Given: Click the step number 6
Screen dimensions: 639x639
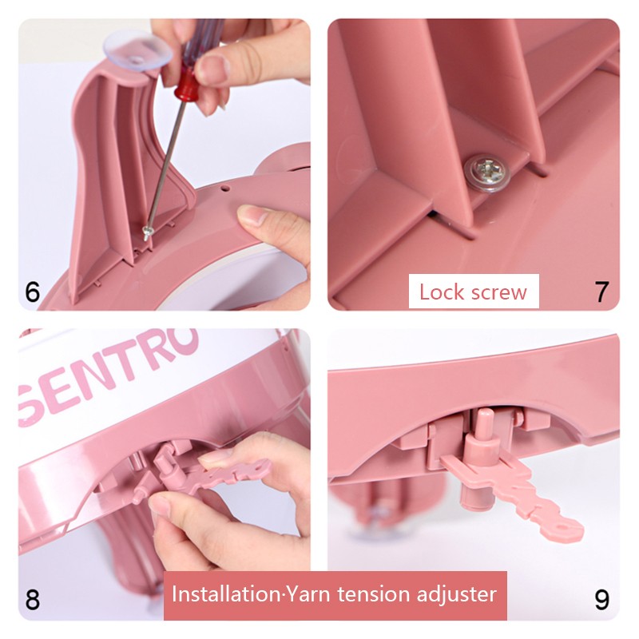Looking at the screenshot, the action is pos(33,292).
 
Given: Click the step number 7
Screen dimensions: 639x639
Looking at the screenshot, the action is pos(601,292).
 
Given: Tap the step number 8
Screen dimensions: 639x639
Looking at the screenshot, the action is pos(33,599).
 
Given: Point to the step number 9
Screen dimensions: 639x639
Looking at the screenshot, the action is pos(602,599).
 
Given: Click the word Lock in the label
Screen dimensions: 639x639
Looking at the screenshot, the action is pos(442,292).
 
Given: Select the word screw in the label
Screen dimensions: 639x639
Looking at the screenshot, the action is pos(498,293).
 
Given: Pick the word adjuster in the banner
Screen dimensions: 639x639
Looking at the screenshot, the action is pos(456,594).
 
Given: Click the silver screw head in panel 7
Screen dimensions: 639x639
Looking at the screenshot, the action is pos(487,172).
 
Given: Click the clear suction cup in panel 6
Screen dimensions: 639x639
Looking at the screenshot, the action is pos(137,51).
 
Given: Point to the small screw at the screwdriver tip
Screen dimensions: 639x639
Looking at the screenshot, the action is pos(147,233).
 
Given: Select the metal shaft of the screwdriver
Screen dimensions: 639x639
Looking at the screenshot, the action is pos(165,165).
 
